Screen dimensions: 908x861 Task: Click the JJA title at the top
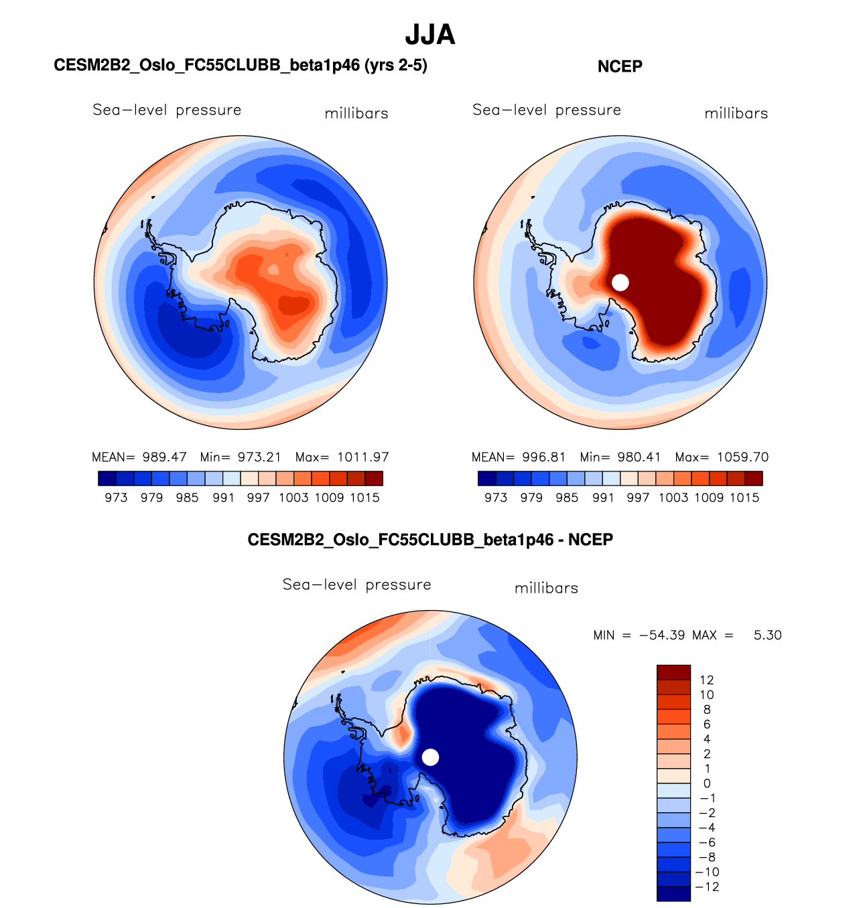pyautogui.click(x=430, y=35)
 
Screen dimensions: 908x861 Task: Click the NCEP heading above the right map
pyautogui.click(x=620, y=66)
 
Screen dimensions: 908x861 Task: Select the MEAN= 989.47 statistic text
pyautogui.click(x=139, y=457)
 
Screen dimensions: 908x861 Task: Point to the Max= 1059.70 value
pyautogui.click(x=722, y=457)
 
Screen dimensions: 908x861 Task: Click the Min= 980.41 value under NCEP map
pyautogui.click(x=620, y=457)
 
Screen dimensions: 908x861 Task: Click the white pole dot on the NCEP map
pyautogui.click(x=620, y=283)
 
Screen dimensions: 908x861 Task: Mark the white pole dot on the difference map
pyautogui.click(x=431, y=757)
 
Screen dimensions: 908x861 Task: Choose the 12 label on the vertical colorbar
pyautogui.click(x=706, y=680)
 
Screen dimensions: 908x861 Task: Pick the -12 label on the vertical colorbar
pyautogui.click(x=708, y=887)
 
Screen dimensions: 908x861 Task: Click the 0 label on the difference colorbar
pyautogui.click(x=707, y=783)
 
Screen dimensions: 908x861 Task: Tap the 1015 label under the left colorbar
pyautogui.click(x=365, y=498)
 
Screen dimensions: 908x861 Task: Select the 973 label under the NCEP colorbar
pyautogui.click(x=496, y=498)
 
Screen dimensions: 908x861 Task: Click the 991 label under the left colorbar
pyautogui.click(x=223, y=498)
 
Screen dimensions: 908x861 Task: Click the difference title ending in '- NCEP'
pyautogui.click(x=430, y=540)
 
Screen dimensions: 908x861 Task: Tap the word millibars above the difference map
pyautogui.click(x=546, y=588)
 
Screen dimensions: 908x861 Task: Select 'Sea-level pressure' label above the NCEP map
pyautogui.click(x=547, y=110)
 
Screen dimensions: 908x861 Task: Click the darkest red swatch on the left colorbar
pyautogui.click(x=374, y=478)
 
